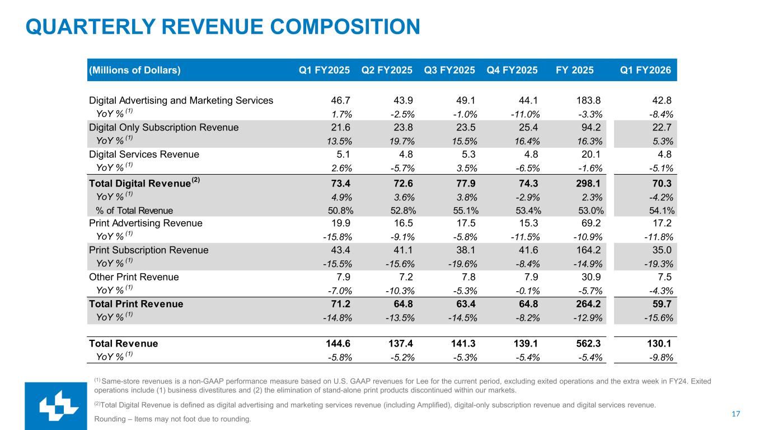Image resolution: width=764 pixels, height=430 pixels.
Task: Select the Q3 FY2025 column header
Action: click(449, 70)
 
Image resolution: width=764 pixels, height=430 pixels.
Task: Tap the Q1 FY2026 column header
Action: click(646, 70)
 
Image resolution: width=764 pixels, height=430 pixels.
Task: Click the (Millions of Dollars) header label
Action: click(135, 70)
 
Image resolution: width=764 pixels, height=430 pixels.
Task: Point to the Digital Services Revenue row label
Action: click(144, 154)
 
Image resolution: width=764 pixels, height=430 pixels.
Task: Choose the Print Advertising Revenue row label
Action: click(146, 223)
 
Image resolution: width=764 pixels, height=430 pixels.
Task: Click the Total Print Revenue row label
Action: click(136, 304)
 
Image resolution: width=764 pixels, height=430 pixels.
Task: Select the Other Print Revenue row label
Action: click(134, 277)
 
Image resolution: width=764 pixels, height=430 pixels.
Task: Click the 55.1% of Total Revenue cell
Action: click(462, 211)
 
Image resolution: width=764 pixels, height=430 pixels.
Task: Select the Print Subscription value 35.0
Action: click(663, 250)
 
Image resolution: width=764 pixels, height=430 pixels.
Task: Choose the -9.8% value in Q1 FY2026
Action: click(660, 357)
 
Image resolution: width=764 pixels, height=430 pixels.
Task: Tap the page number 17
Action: click(736, 414)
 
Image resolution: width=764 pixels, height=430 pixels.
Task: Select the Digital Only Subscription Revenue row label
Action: click(164, 127)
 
